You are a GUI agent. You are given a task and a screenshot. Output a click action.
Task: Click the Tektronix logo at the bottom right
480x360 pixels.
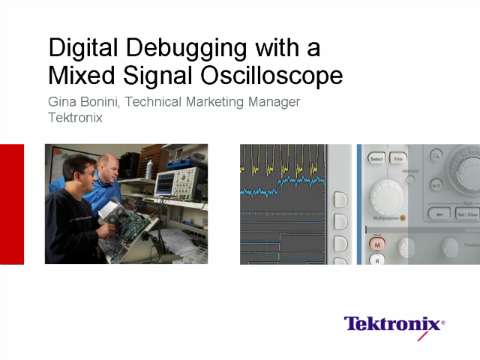click(394, 324)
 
